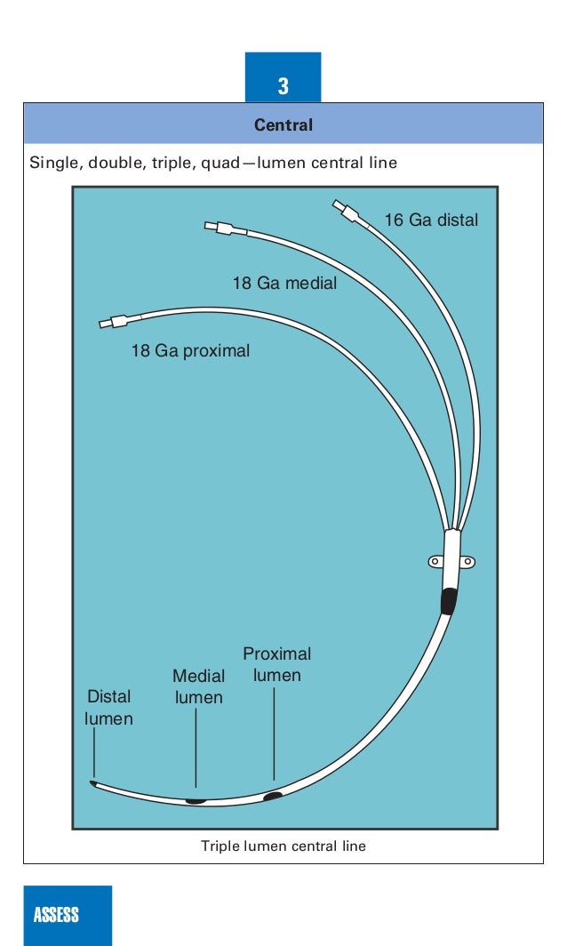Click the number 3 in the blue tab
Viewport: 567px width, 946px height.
(283, 86)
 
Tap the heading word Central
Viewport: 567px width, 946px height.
(283, 125)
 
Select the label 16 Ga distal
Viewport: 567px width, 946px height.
(430, 220)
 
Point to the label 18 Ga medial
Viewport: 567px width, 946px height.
(284, 284)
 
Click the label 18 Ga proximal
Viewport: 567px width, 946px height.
(190, 351)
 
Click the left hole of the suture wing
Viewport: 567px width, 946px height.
(435, 561)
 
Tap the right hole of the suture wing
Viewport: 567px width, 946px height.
(466, 561)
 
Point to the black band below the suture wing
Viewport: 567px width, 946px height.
(449, 601)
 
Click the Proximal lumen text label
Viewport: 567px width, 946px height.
(277, 665)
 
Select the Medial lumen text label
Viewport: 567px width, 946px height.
(198, 687)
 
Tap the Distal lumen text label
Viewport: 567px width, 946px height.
(108, 708)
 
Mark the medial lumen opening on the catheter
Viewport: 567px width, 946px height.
(196, 800)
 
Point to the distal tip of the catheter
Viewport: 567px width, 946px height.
(93, 783)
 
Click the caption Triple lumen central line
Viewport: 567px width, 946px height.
(283, 846)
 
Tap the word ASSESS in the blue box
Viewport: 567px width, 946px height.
(56, 915)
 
